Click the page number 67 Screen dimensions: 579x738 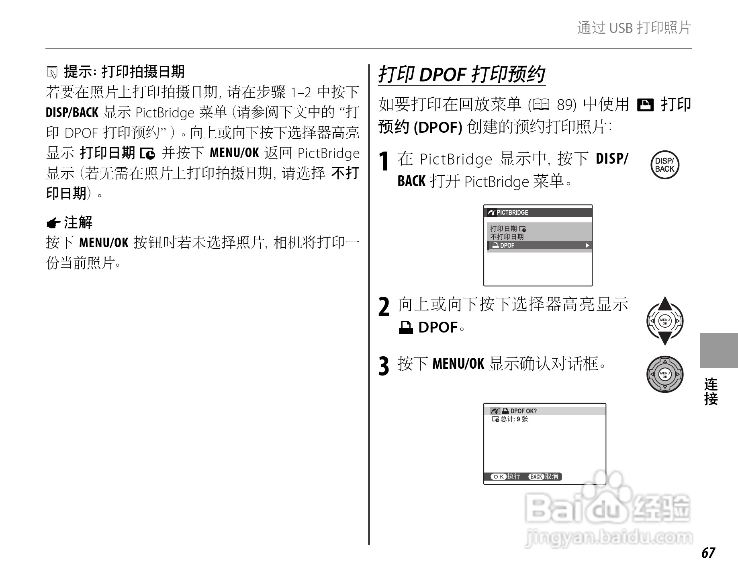(708, 553)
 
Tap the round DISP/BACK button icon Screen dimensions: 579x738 (664, 165)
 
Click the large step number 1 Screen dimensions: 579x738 (384, 162)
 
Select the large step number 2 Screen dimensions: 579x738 (384, 308)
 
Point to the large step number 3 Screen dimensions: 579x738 (384, 366)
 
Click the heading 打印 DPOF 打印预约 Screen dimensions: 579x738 (462, 75)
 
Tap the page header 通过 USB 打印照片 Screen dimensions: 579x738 (634, 28)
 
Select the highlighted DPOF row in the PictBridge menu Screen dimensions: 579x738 (539, 245)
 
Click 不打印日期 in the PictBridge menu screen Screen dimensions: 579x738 (507, 236)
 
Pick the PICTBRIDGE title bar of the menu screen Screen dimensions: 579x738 (538, 212)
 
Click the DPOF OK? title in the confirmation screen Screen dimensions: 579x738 (523, 411)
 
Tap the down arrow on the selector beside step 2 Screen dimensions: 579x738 (665, 339)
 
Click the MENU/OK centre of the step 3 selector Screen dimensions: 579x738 (665, 374)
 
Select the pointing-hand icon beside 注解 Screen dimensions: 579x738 (53, 223)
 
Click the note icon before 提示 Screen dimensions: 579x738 (52, 73)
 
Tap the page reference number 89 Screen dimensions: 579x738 (566, 105)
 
